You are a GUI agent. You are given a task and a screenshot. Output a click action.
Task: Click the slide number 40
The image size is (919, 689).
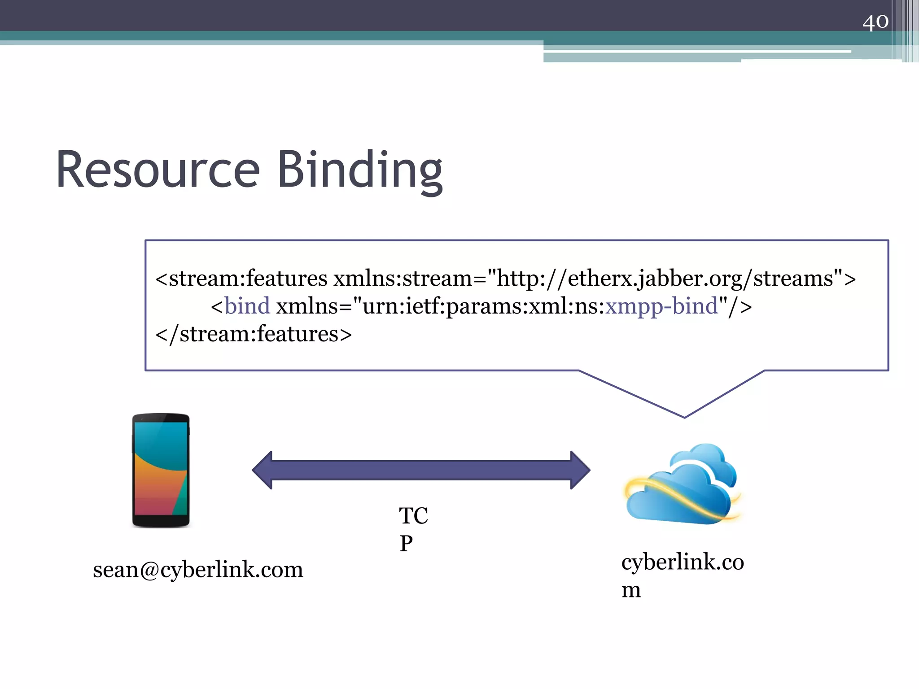tap(875, 22)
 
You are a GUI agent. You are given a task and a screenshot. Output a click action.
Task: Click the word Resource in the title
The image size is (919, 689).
tap(158, 170)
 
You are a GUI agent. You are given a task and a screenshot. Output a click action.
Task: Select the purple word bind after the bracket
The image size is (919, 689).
tap(247, 306)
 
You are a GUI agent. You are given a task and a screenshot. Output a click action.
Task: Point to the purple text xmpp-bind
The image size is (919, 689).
tap(662, 306)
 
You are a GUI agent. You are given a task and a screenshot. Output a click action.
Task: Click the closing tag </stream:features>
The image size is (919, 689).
tap(254, 334)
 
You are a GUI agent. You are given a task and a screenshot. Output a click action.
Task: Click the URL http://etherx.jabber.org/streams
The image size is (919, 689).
tap(664, 279)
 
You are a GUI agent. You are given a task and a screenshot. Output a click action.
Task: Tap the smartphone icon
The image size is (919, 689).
tap(161, 470)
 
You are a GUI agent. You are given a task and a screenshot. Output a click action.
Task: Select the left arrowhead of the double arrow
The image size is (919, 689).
tap(263, 470)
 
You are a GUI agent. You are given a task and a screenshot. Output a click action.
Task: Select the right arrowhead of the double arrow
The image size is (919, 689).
tap(580, 470)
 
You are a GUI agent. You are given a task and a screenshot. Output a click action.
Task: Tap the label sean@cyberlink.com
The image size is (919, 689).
tap(198, 570)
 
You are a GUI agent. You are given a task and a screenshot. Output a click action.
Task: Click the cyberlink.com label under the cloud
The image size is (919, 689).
tap(682, 574)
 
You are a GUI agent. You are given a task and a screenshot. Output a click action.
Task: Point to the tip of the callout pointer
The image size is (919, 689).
tap(684, 417)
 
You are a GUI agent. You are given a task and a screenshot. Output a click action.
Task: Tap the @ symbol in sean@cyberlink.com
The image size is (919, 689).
tap(149, 570)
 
